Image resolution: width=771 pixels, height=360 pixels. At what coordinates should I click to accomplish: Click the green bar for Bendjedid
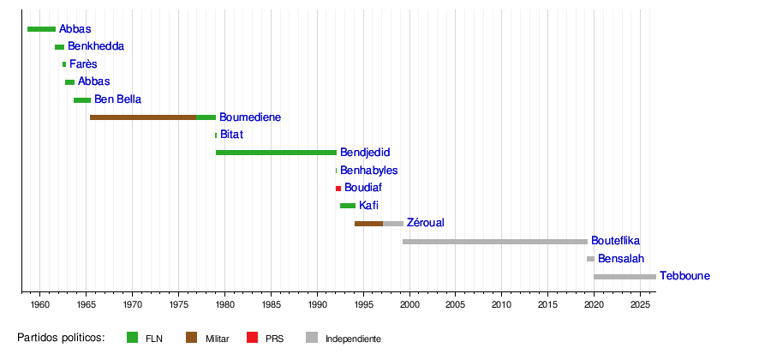(x=277, y=153)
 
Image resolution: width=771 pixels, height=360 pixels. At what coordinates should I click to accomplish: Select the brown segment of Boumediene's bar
(x=143, y=117)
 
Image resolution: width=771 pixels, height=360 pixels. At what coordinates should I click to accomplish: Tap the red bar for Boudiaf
(x=338, y=189)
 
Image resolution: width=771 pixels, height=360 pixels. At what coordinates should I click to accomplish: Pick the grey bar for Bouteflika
(x=495, y=242)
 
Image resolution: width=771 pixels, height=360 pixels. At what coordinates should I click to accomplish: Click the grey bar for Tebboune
(x=625, y=277)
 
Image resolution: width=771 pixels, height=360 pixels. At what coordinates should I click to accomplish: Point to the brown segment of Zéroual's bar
(x=368, y=224)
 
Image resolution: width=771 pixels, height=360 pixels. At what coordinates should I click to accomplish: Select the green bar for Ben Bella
(x=82, y=100)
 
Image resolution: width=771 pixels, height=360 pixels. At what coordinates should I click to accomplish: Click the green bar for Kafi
(x=348, y=206)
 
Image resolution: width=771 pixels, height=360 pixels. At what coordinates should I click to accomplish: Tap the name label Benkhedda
(x=96, y=46)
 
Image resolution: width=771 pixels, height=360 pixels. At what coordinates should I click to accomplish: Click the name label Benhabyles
(x=368, y=171)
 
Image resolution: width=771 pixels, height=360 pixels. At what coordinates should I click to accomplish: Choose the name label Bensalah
(x=621, y=259)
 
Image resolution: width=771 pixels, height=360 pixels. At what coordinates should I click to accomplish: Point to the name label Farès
(x=83, y=64)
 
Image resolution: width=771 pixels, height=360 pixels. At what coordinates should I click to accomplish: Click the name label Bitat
(x=231, y=135)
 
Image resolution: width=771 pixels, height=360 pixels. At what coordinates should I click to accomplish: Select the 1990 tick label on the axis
(x=317, y=303)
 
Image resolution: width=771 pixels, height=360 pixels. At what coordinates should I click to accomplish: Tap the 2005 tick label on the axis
(x=456, y=303)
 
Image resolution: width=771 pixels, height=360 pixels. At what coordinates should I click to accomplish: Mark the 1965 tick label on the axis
(x=86, y=303)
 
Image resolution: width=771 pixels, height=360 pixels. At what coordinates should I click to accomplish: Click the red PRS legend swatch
(x=252, y=338)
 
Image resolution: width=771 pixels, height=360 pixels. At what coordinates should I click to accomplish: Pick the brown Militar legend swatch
(x=191, y=338)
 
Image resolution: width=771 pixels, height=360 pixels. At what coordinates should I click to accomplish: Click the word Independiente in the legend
(x=353, y=339)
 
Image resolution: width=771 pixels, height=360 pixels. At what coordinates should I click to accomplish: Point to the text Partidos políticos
(x=62, y=338)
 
